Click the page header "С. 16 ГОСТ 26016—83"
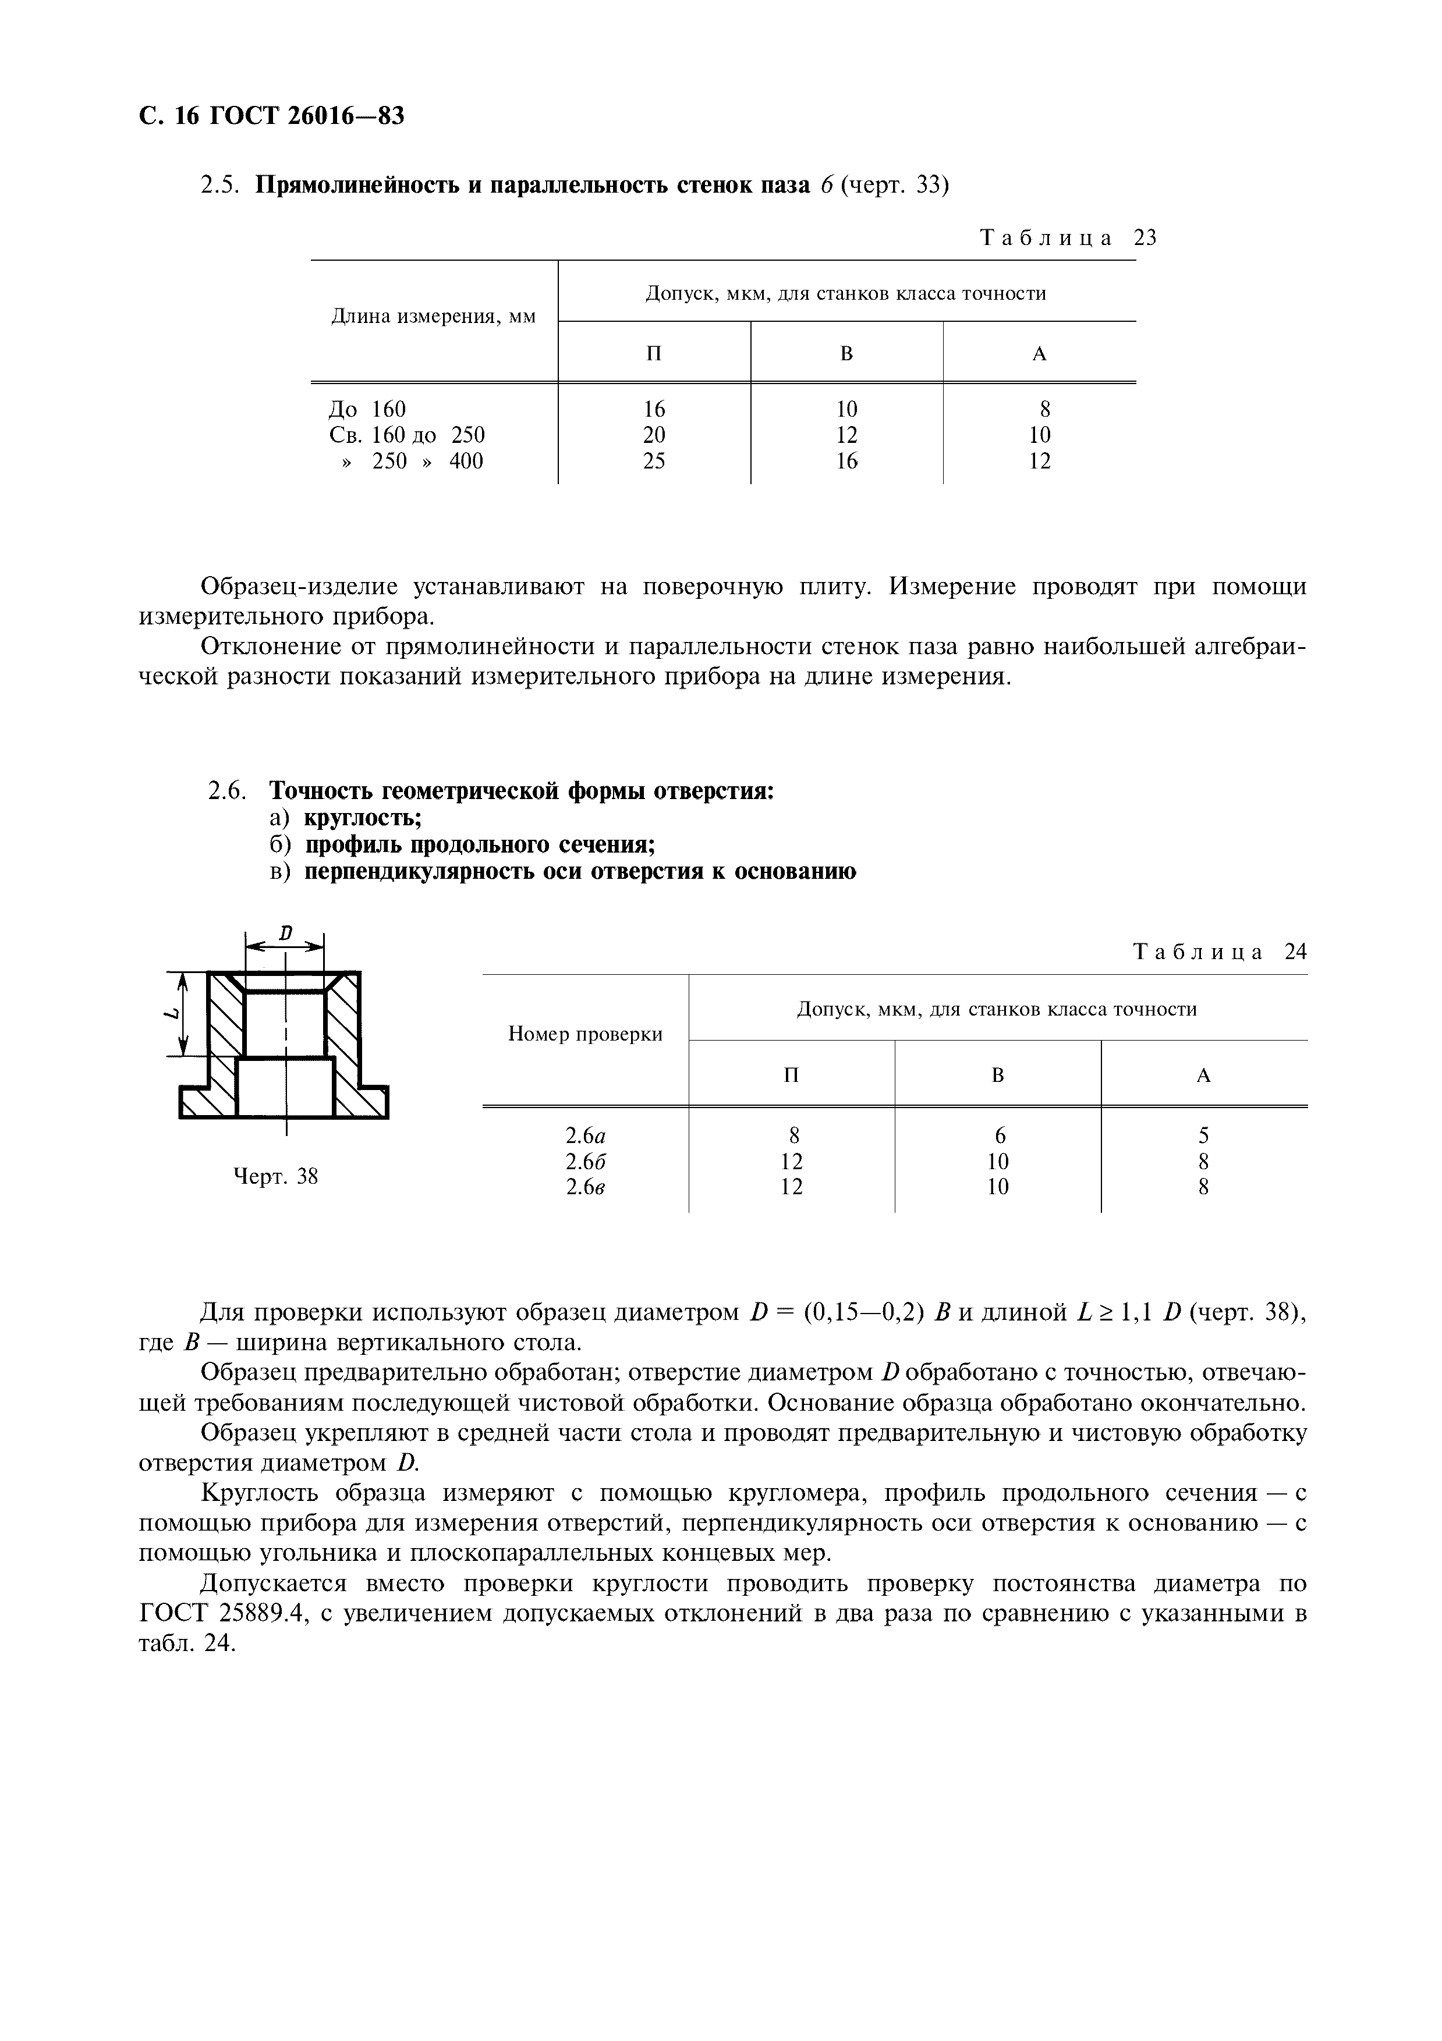272,116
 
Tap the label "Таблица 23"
1068,237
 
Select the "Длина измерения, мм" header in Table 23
434,317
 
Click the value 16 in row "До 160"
654,409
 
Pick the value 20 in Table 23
654,435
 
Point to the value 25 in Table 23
654,460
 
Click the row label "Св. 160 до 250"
407,435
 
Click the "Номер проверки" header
585,1034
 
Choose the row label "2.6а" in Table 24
585,1135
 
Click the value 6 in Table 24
999,1135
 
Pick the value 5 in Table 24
1204,1135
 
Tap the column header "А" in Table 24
1204,1075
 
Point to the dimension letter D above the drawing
285,933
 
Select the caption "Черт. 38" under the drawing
275,1177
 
